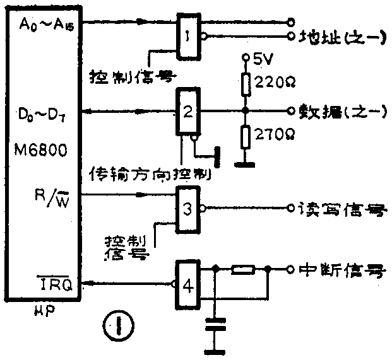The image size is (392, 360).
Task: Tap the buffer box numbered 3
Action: pyautogui.click(x=187, y=209)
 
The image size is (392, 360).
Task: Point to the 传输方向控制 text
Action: pyautogui.click(x=151, y=171)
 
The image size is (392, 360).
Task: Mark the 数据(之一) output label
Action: pyautogui.click(x=342, y=111)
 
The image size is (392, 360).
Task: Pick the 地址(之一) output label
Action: pyautogui.click(x=342, y=37)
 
